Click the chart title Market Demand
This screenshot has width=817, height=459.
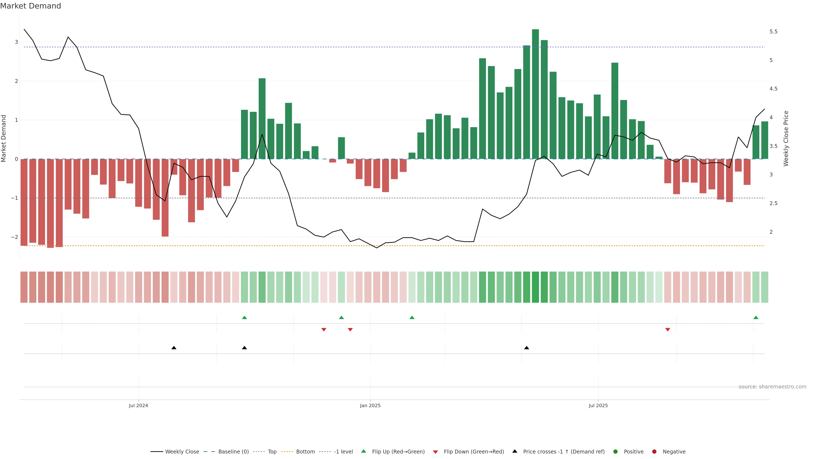click(x=30, y=6)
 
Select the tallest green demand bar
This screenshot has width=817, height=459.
click(x=535, y=94)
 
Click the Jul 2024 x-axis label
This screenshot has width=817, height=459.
click(x=138, y=405)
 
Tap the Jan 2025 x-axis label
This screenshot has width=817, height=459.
click(x=370, y=405)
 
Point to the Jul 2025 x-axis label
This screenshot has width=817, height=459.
click(x=598, y=405)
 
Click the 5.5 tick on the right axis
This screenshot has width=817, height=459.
click(x=773, y=32)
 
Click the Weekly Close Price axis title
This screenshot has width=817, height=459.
click(x=786, y=138)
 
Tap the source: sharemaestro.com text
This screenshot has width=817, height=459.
click(x=772, y=387)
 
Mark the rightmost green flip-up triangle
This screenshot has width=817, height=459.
click(x=756, y=318)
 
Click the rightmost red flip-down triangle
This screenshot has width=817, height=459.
click(x=668, y=330)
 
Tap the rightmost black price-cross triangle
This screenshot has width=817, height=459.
click(x=527, y=348)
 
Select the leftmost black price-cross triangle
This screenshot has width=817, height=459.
click(x=174, y=348)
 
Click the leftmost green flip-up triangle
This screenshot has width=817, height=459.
click(x=244, y=318)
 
